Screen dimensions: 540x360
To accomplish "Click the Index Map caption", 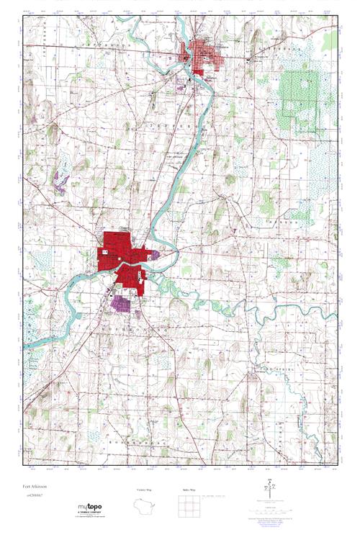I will coord(189,490).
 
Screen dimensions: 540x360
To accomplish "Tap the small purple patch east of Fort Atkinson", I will coord(154,253).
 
